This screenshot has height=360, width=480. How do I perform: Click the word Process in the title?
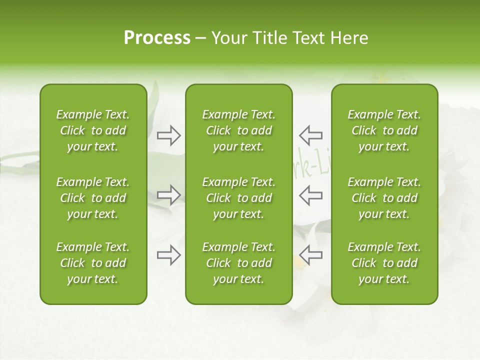click(x=157, y=38)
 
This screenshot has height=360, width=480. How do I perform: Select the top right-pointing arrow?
click(x=169, y=135)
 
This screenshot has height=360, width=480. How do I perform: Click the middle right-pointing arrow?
click(x=169, y=195)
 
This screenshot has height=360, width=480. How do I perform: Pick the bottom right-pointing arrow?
click(x=169, y=255)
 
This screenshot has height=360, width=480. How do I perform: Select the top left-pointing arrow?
click(x=311, y=135)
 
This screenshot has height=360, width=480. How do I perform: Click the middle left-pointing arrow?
click(x=311, y=195)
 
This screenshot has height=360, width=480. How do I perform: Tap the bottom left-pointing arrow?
click(x=311, y=255)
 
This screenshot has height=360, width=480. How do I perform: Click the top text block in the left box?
click(x=93, y=130)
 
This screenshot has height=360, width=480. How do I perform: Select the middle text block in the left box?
click(x=93, y=198)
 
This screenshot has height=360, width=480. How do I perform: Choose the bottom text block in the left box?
click(x=93, y=263)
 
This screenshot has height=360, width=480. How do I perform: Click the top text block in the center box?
click(x=238, y=130)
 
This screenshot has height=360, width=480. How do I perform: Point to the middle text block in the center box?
click(x=238, y=198)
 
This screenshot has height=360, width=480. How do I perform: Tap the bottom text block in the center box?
click(x=238, y=263)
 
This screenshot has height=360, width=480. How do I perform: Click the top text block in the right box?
click(x=384, y=130)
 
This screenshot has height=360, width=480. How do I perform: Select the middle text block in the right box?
click(x=384, y=198)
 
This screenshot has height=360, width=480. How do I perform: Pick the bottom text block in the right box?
click(x=384, y=263)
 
